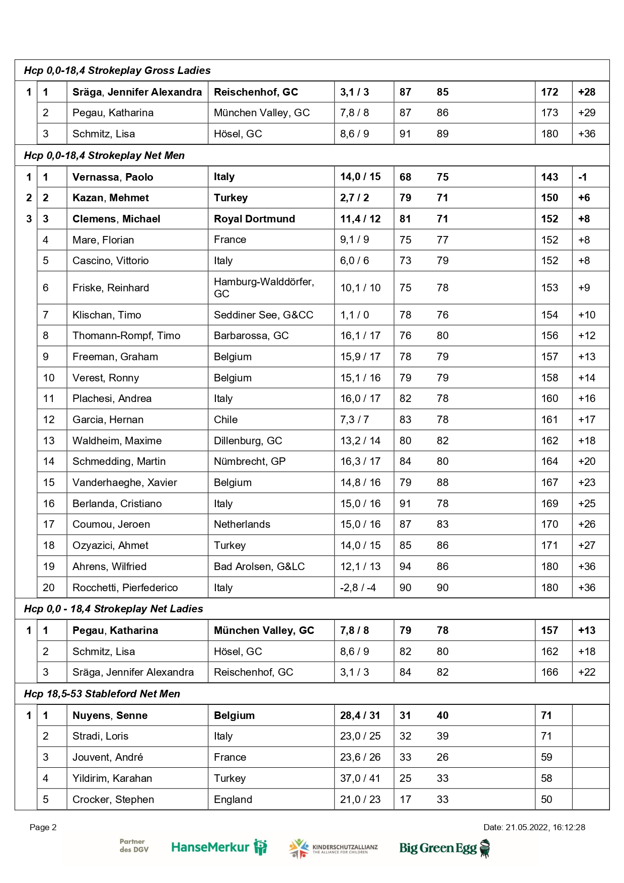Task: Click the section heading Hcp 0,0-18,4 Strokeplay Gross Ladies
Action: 117,70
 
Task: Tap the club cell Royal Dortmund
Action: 254,219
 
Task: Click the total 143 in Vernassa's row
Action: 550,177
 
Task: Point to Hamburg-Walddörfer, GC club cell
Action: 264,288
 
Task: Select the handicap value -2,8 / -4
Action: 358,588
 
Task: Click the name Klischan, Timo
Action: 107,315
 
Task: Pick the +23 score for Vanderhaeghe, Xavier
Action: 587,483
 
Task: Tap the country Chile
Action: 225,420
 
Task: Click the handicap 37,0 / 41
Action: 360,778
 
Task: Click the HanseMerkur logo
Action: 219,847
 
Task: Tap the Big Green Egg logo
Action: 444,848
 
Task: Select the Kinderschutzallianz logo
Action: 333,848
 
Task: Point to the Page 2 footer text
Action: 43,827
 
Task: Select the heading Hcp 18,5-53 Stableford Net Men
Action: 102,694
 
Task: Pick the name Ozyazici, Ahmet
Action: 110,545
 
